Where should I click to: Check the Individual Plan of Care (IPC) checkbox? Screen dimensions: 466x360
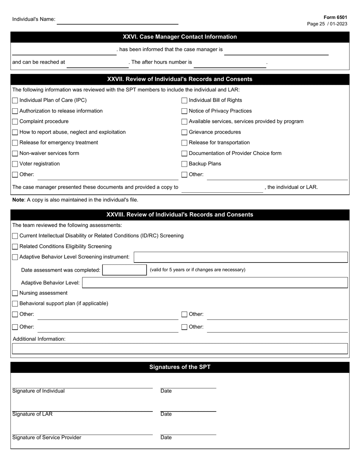click(15, 100)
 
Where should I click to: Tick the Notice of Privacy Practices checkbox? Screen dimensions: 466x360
click(185, 111)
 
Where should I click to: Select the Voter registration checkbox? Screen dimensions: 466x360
click(15, 164)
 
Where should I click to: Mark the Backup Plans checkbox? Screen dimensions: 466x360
click(185, 164)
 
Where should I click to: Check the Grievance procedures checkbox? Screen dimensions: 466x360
click(185, 132)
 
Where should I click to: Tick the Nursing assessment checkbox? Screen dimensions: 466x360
click(15, 293)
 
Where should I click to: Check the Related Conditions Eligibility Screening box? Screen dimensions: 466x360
click(15, 247)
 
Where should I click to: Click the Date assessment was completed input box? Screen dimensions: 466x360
click(124, 270)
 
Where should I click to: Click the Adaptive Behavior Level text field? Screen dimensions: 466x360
click(214, 283)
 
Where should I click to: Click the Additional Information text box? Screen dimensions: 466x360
click(180, 349)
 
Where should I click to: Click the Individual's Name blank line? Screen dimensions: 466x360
click(117, 20)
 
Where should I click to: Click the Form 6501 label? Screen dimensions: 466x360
click(335, 17)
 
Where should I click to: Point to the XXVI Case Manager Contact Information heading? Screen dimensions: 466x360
click(180, 37)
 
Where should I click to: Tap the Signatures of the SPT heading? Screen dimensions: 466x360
click(180, 367)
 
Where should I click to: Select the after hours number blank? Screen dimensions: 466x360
click(230, 64)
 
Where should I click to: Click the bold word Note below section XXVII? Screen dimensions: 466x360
click(18, 200)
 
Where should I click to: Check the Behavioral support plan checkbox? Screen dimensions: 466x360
click(15, 303)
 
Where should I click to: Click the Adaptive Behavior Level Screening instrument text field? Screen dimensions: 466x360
click(241, 257)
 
